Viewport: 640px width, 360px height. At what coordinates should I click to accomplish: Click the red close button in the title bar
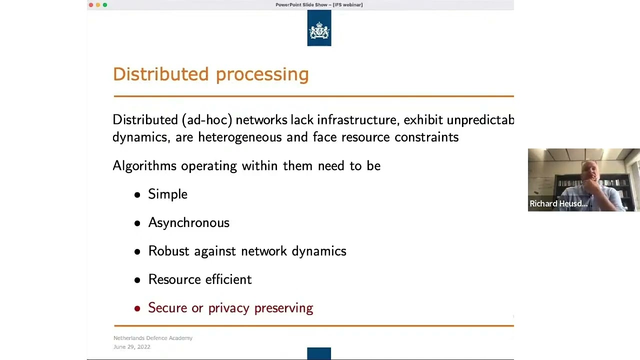point(91,5)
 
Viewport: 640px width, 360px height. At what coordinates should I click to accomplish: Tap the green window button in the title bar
point(105,5)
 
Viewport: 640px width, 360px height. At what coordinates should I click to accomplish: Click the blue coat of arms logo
point(319,28)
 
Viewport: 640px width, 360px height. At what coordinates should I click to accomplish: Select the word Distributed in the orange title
point(160,74)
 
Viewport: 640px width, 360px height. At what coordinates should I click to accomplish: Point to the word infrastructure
point(356,120)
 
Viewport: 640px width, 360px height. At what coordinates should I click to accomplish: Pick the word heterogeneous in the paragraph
point(240,137)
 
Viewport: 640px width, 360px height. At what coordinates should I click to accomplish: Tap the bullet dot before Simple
point(137,195)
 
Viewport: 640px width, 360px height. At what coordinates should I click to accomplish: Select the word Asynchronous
point(188,223)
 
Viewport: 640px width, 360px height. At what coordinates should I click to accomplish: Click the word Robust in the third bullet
point(168,251)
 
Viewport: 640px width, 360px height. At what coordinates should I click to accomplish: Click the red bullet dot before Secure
point(137,308)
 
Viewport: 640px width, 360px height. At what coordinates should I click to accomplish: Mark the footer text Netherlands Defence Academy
point(153,338)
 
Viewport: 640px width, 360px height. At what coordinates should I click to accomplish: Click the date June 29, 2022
point(132,347)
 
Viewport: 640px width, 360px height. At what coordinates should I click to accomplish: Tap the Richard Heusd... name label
point(558,203)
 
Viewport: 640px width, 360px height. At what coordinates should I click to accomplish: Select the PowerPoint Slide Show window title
point(319,5)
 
